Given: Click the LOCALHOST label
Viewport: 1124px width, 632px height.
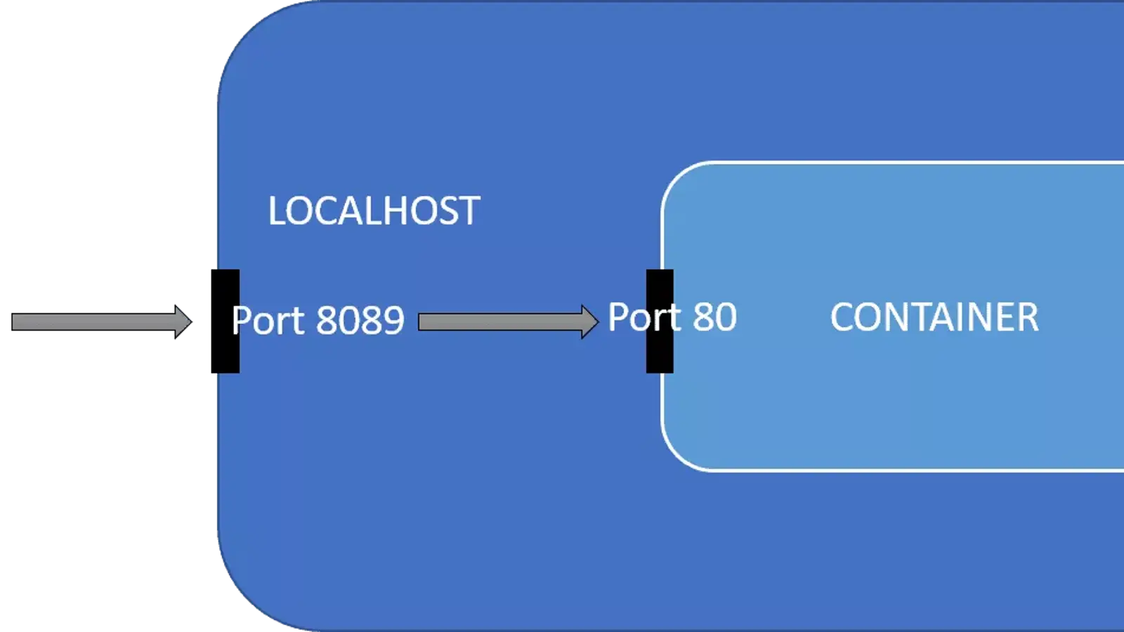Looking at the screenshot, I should [x=374, y=211].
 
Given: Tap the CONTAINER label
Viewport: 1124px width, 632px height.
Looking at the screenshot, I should [x=934, y=317].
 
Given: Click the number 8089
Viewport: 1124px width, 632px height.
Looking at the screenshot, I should [x=360, y=321].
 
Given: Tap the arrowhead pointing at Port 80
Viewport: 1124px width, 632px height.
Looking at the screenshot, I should [x=589, y=322].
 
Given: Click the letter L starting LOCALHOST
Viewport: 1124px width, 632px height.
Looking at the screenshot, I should [x=276, y=211].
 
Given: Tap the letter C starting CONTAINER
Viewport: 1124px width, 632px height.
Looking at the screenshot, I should [x=842, y=317].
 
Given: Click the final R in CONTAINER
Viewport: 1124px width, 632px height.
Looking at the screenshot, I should [x=1028, y=317].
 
